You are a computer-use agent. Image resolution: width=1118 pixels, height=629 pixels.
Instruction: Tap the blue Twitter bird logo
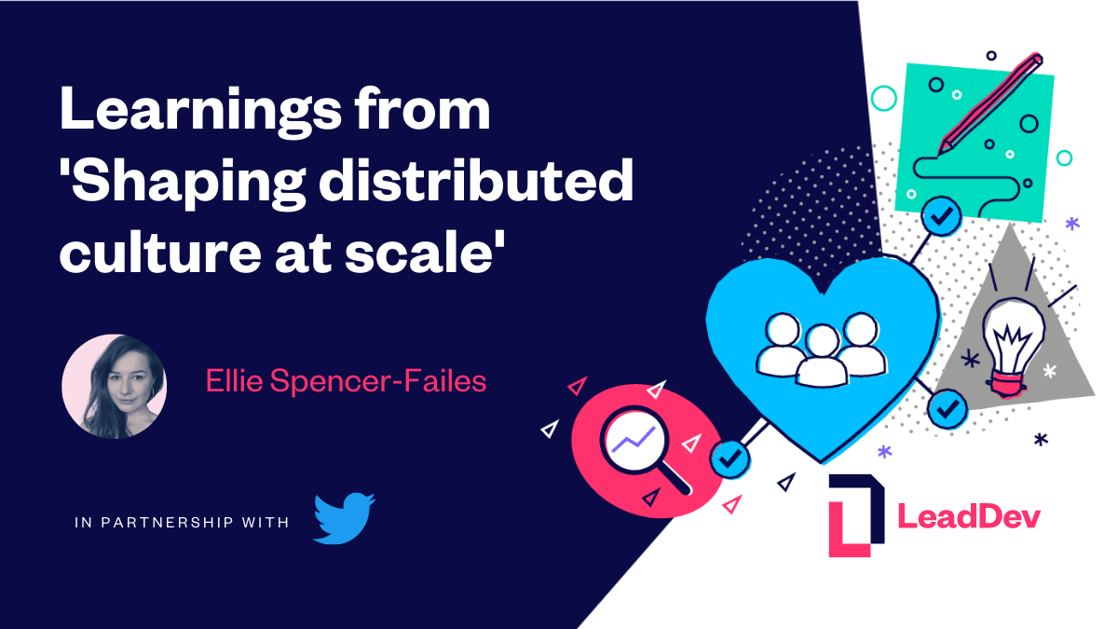pyautogui.click(x=344, y=517)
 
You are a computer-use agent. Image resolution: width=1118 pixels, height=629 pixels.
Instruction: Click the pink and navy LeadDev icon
pyautogui.click(x=854, y=515)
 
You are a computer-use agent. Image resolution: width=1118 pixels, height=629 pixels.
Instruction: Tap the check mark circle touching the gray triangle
pyautogui.click(x=948, y=407)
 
